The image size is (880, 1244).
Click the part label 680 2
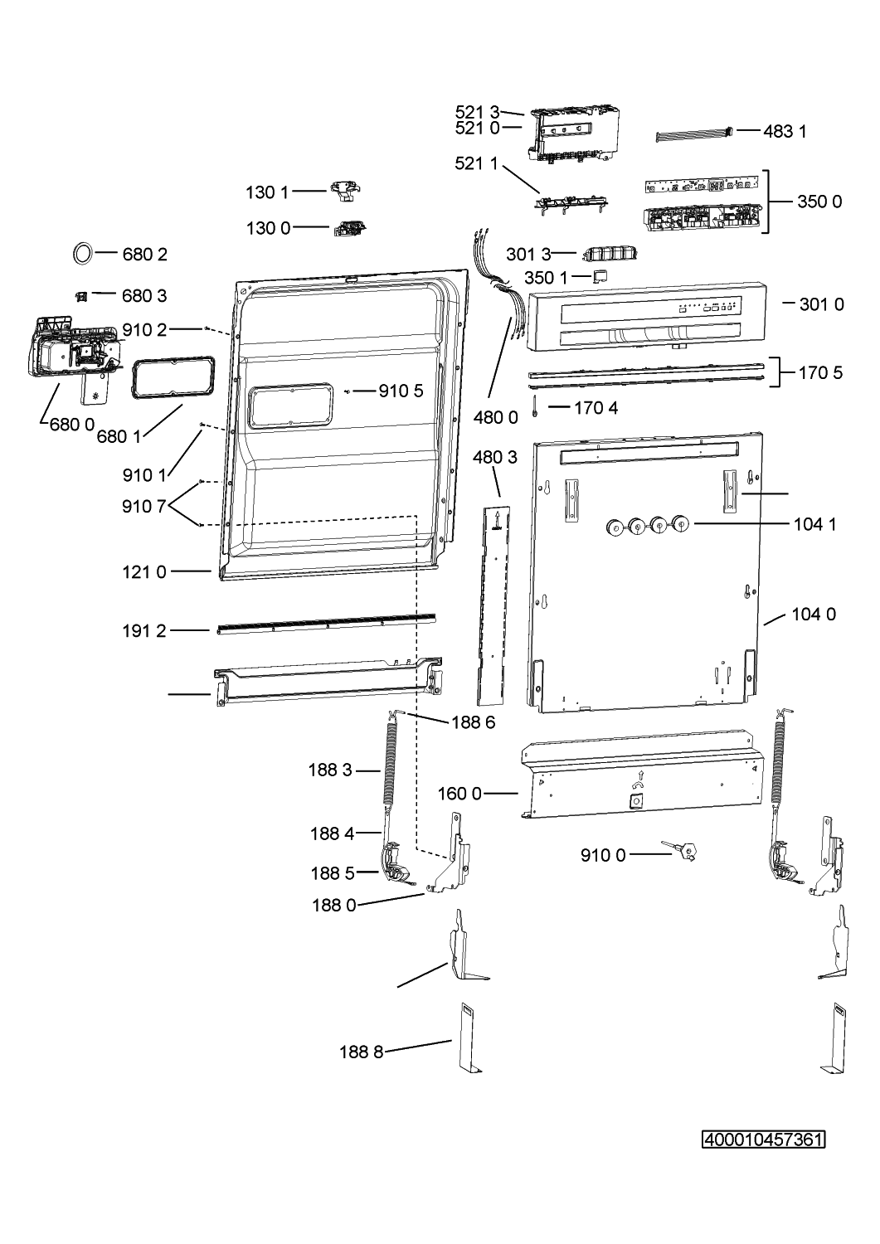144,255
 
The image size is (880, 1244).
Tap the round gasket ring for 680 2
83,253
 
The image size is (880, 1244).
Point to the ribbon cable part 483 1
695,134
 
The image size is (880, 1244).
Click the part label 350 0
819,202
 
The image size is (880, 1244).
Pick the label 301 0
821,304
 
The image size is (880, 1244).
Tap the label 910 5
401,391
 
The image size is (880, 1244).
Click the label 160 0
459,794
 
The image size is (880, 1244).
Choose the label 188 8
362,1052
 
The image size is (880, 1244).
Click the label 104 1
814,523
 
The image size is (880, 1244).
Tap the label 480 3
495,457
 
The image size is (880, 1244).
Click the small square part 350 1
600,275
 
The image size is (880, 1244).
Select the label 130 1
267,192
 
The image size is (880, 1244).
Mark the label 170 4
596,407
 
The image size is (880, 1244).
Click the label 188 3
331,770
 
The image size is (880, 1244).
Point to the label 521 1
477,163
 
